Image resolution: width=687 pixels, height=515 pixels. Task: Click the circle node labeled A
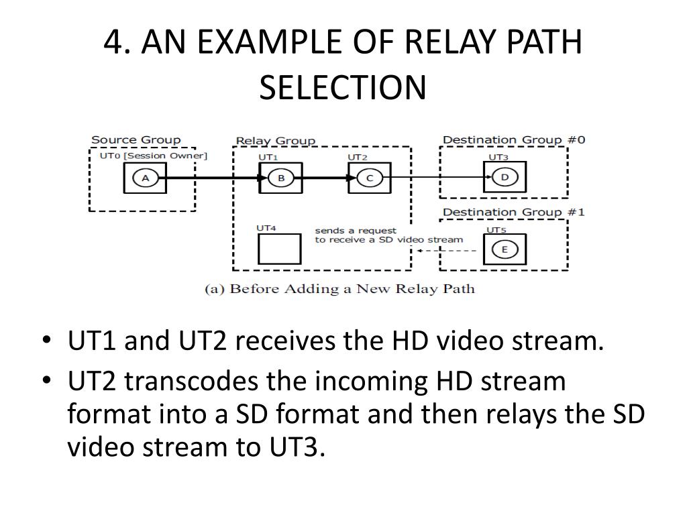[x=145, y=178]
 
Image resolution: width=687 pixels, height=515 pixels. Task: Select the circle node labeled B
[x=280, y=178]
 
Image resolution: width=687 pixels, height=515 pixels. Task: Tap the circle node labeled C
[x=369, y=178]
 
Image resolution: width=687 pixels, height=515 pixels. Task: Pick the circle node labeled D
[x=505, y=178]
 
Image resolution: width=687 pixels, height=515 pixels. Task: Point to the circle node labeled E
[x=505, y=249]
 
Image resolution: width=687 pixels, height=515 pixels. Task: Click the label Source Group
[x=136, y=140]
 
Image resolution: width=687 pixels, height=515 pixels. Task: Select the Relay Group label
[x=275, y=141]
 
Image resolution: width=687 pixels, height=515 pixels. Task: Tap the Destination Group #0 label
[x=514, y=140]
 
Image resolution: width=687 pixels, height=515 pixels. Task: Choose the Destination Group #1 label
[x=514, y=213]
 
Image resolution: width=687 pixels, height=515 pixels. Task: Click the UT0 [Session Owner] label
[x=154, y=156]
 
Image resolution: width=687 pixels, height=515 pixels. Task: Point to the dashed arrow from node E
[x=445, y=250]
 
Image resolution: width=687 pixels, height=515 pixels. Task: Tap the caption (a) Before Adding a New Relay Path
[x=339, y=289]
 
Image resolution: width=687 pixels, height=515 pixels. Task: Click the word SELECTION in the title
[x=343, y=87]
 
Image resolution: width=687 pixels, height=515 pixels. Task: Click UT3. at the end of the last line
[x=294, y=447]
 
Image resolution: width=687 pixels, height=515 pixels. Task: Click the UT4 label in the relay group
[x=266, y=228]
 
